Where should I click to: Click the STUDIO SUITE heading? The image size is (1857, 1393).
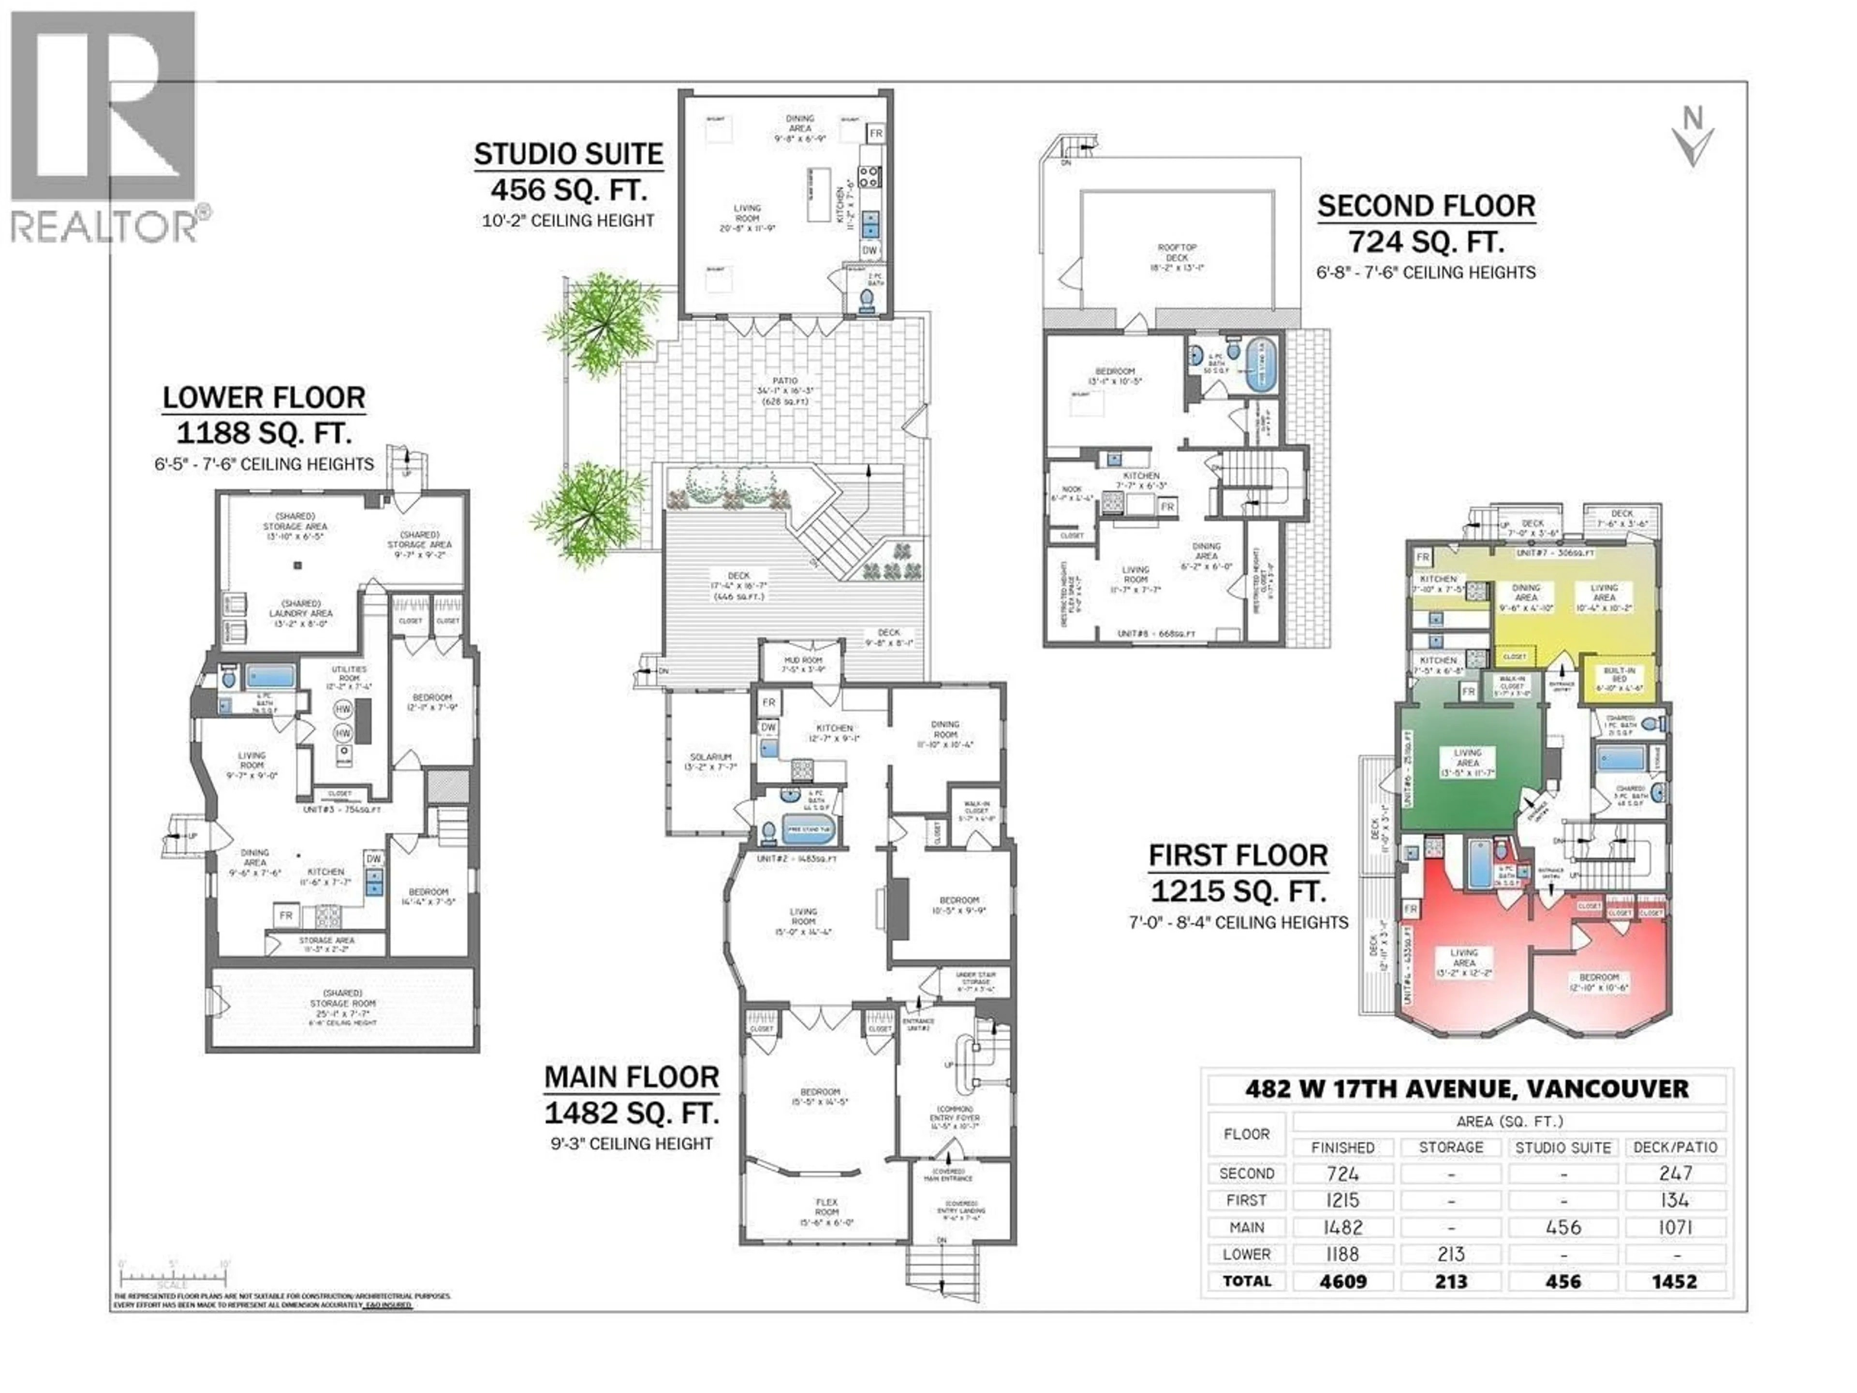click(x=568, y=154)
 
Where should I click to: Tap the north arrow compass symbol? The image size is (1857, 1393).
click(x=1693, y=138)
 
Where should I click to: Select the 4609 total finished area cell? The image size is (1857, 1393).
click(x=1343, y=1281)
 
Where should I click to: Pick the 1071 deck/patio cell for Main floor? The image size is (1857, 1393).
click(x=1675, y=1228)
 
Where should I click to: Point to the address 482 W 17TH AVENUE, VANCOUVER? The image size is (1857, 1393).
click(x=1467, y=1089)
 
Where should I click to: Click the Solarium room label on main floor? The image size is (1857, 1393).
click(x=711, y=762)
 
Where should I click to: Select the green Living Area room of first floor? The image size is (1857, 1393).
click(x=1468, y=762)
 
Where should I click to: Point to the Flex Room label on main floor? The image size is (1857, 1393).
click(x=826, y=1207)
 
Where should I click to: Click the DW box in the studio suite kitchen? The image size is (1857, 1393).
click(x=870, y=250)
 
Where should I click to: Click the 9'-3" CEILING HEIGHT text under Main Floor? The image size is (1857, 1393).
click(x=629, y=1143)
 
